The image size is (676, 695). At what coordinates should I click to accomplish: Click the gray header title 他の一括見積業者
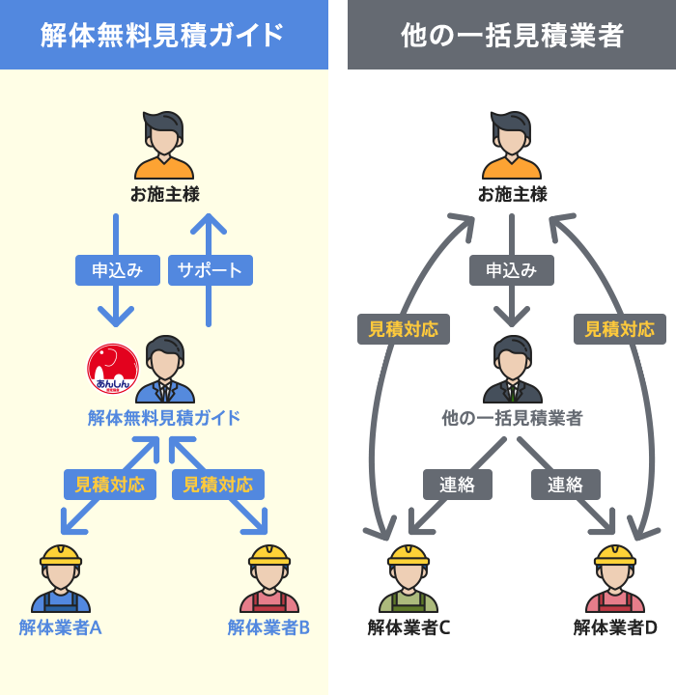512,36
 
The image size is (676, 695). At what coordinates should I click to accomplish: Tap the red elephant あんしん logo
113,370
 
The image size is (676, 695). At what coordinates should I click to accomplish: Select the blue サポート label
210,270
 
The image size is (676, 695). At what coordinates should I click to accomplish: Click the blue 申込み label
117,270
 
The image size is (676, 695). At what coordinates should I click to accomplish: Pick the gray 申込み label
512,270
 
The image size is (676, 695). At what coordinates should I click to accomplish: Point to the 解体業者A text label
60,627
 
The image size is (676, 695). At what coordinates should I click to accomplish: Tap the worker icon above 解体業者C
408,579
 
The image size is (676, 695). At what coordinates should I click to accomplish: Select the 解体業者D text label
615,627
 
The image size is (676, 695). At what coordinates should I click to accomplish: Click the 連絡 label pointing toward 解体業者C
457,485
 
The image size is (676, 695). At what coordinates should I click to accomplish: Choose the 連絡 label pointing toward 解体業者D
565,485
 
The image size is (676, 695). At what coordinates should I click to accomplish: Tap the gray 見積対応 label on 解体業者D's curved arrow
619,329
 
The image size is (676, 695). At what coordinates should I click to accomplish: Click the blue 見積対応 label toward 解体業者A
110,485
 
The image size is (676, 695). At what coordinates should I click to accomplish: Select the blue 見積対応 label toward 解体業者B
218,485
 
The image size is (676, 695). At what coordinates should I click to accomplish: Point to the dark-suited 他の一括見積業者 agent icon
512,371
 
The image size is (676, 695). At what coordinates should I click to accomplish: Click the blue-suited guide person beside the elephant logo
165,371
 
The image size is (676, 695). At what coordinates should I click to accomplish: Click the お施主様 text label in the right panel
512,194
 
